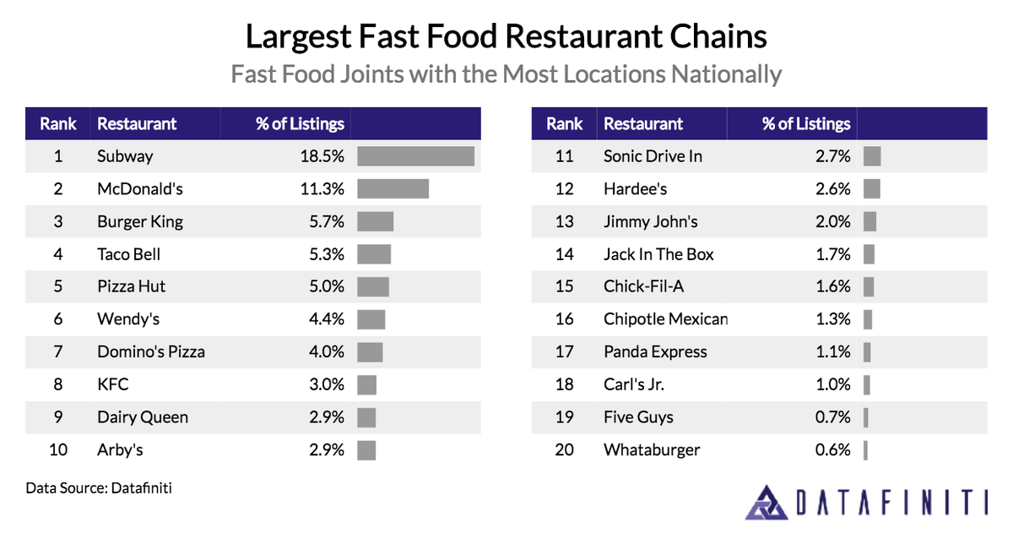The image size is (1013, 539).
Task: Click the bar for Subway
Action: (x=415, y=156)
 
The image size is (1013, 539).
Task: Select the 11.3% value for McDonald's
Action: (x=322, y=189)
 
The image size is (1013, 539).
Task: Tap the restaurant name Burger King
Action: (x=140, y=222)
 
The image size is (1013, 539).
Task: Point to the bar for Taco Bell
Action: (x=374, y=254)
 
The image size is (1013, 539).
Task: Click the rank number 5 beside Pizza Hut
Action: (x=58, y=286)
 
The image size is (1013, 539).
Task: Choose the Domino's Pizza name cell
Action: (x=151, y=351)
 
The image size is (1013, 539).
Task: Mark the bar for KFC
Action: (x=366, y=384)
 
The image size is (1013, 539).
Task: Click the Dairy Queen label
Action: (x=143, y=417)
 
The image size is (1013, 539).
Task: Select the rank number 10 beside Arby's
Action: (x=58, y=449)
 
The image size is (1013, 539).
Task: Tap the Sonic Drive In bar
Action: (x=872, y=156)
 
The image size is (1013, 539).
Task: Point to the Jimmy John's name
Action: (x=651, y=222)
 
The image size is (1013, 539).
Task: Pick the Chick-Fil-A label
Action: (x=643, y=286)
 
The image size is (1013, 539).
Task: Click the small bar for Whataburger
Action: (x=865, y=449)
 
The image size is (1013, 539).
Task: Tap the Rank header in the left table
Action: (x=58, y=123)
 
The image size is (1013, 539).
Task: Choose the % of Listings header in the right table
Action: (x=806, y=123)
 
